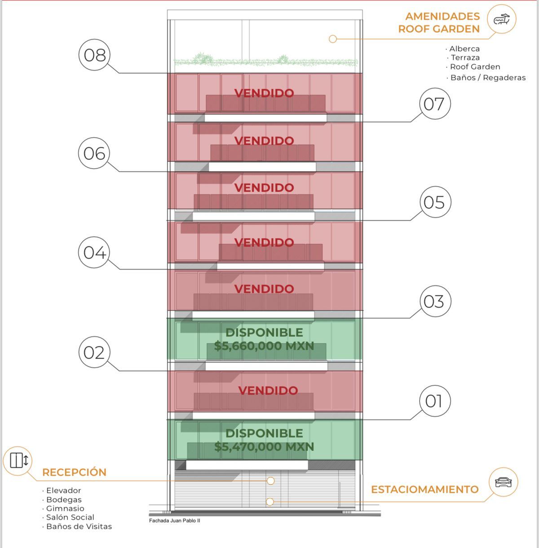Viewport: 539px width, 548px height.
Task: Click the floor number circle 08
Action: click(94, 55)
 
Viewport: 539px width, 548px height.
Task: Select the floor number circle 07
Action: click(435, 103)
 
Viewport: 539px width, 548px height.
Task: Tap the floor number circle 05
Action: click(435, 202)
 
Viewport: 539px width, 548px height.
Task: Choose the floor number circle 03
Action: click(435, 301)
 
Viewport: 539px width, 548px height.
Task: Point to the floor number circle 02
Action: click(94, 352)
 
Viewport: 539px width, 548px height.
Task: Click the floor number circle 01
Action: click(435, 401)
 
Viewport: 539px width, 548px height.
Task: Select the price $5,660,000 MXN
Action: click(264, 346)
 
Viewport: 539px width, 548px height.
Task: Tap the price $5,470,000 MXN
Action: click(264, 447)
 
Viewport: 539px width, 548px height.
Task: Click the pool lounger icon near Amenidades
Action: click(501, 19)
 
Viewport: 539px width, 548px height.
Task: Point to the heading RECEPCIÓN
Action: click(74, 472)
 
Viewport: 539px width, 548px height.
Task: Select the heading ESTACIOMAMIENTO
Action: click(425, 490)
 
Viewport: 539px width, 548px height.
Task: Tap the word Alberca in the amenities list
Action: click(464, 49)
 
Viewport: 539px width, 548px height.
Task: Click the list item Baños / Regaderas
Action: click(488, 77)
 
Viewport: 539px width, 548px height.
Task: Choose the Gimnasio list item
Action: click(65, 508)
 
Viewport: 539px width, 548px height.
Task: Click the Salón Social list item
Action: click(70, 517)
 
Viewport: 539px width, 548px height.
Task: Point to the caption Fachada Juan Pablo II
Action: click(174, 521)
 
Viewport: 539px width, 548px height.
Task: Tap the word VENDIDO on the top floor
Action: click(264, 93)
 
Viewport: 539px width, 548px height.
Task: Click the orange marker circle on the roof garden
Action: click(333, 39)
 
